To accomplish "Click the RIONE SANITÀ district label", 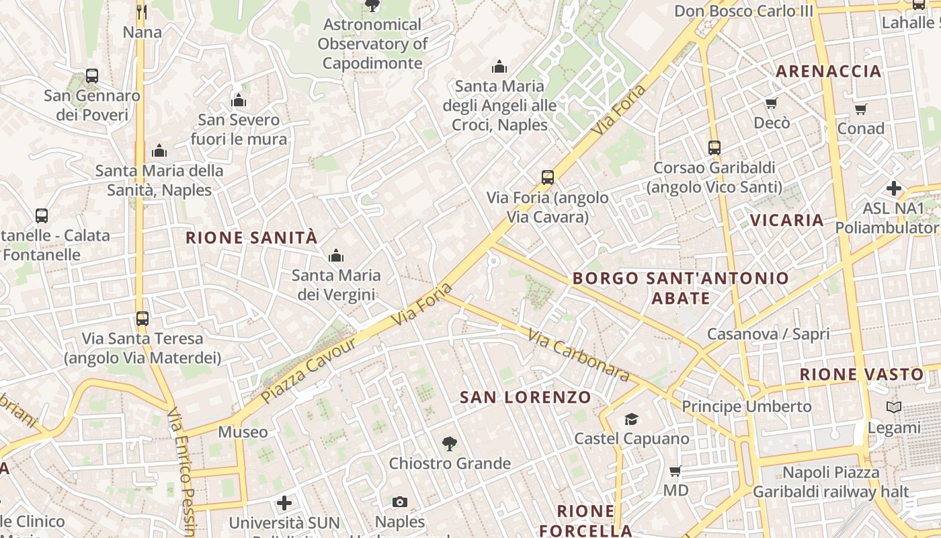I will click(x=251, y=237).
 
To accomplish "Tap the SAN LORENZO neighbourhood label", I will click(x=525, y=397).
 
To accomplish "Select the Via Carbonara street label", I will click(x=578, y=354).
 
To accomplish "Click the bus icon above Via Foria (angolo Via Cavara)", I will click(x=548, y=178).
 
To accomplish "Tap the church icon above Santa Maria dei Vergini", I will click(x=335, y=256).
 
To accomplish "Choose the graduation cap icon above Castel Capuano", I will click(x=631, y=420).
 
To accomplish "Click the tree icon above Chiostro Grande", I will click(x=450, y=444).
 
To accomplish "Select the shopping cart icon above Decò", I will click(x=772, y=104).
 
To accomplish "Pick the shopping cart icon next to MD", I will click(x=676, y=471).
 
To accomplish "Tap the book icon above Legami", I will click(x=894, y=408).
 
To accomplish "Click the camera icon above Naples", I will click(x=400, y=502).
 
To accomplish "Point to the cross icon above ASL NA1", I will click(x=894, y=188).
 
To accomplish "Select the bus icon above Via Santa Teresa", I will click(x=142, y=318).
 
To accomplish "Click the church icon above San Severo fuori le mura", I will click(x=239, y=101).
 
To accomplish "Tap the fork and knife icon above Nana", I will click(x=142, y=11).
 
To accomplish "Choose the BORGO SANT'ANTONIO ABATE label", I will click(x=680, y=288).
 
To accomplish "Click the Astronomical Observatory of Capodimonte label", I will click(x=372, y=44).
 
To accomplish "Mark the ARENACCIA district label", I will click(x=828, y=71).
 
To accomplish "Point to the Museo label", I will click(x=243, y=432).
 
